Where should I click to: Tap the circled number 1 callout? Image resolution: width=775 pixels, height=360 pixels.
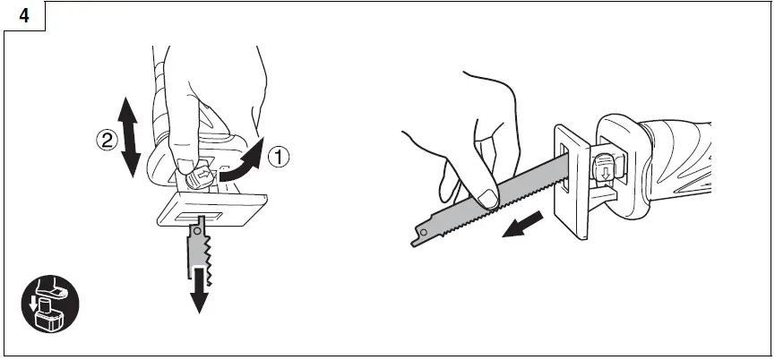point(280,158)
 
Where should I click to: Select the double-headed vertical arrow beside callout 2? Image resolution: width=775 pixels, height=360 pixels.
point(130,136)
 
